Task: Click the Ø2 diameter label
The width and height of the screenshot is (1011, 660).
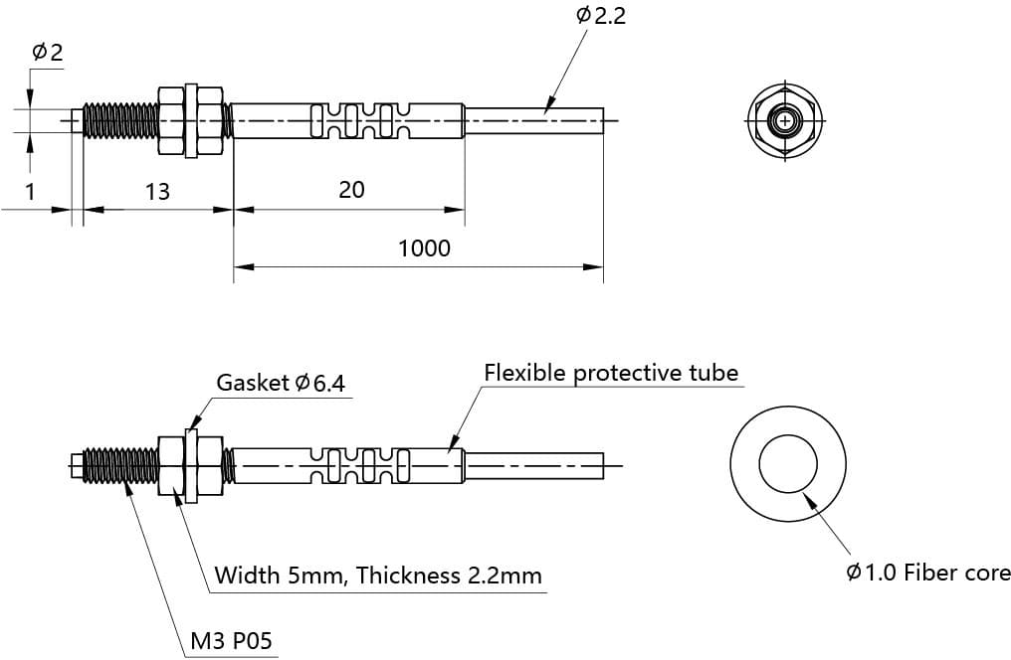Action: [48, 53]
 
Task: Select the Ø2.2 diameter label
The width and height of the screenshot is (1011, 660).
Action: [601, 16]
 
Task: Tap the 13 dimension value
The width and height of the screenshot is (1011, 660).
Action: [157, 191]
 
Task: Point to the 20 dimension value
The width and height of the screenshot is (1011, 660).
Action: [351, 189]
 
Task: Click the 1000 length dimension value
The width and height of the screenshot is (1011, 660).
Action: [424, 247]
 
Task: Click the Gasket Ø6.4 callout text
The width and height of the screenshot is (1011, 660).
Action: [281, 384]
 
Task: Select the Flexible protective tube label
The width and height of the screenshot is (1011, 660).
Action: [611, 373]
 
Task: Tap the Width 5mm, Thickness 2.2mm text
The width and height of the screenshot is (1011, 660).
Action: [378, 575]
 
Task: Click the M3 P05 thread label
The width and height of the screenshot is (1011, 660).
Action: [231, 641]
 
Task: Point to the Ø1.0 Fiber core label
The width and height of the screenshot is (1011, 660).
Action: [927, 573]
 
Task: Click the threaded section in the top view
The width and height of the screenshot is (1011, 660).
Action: [120, 121]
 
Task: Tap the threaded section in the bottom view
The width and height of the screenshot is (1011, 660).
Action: [120, 465]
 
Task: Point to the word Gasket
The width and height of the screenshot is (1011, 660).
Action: [253, 384]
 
